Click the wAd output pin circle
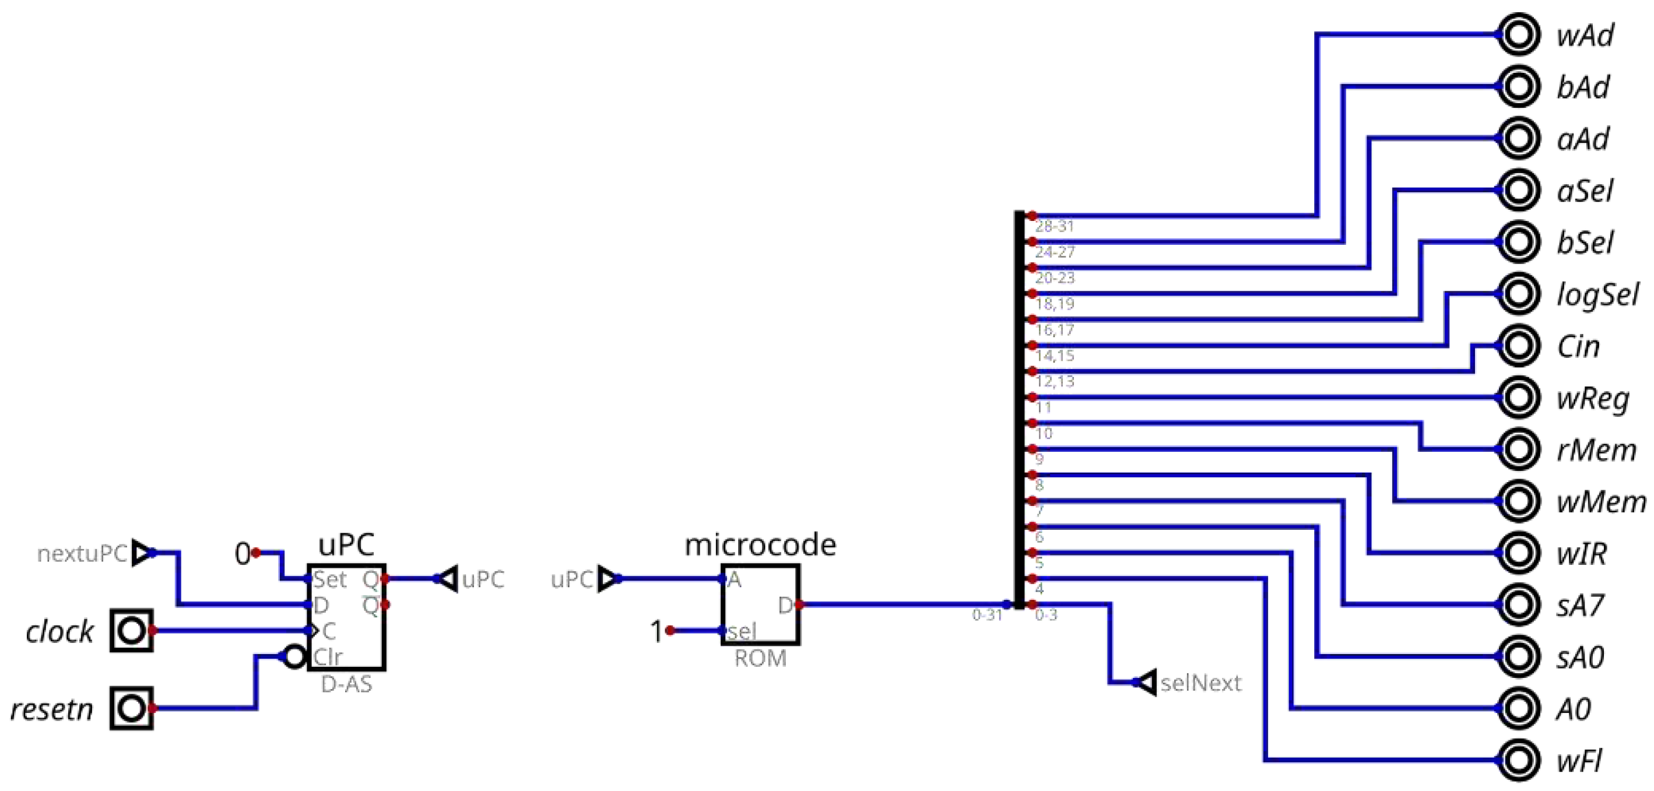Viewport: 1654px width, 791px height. [1519, 34]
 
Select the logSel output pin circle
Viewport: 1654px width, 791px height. [1519, 293]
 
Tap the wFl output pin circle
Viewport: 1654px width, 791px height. [1519, 760]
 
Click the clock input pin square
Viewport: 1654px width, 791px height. [132, 631]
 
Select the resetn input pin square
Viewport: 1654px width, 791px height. [132, 708]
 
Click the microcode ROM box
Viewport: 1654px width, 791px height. [760, 604]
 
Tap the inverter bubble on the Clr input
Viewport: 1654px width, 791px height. [294, 657]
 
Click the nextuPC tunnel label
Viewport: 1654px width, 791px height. [82, 553]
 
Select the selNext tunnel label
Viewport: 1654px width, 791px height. [1200, 683]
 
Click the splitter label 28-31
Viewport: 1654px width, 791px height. [1054, 226]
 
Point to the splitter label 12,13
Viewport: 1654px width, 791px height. [1054, 381]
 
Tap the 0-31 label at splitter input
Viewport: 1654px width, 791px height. [987, 615]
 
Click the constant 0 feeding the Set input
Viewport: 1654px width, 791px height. [242, 553]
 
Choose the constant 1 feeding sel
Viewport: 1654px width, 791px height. [655, 631]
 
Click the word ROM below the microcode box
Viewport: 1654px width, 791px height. [760, 658]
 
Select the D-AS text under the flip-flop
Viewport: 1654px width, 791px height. [346, 684]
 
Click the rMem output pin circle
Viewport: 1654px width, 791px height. [1519, 449]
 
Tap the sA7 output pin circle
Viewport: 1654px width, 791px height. [1519, 604]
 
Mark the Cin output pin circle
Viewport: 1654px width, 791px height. [1519, 346]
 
